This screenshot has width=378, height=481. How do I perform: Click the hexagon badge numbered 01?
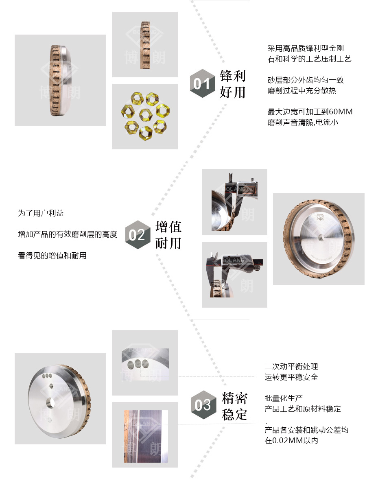point(202,83)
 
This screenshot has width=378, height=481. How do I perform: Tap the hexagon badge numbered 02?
point(138,235)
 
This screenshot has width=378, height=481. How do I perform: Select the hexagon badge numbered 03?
point(203,404)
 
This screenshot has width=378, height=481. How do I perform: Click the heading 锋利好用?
point(233,84)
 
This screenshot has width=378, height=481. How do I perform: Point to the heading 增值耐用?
point(168,235)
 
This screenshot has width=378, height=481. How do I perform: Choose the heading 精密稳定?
point(234,406)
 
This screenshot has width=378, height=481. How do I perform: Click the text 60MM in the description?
point(340,112)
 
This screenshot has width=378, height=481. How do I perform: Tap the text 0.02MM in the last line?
point(284,440)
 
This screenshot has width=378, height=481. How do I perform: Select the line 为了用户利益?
point(41,213)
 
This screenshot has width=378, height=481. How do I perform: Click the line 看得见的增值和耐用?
point(52,256)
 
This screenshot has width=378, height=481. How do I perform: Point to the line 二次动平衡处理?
point(291,367)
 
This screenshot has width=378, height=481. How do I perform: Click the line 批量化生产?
point(284,398)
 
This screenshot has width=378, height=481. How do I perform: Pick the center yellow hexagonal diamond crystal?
point(145,115)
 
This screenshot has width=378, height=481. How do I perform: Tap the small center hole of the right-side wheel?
point(321,237)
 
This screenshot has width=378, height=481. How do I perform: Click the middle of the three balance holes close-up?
point(138,364)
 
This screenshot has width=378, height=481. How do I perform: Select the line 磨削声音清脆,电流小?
point(303,122)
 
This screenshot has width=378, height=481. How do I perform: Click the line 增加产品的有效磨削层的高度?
point(68,234)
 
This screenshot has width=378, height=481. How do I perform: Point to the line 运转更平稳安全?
point(291,377)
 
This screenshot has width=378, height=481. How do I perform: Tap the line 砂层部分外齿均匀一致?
point(306,80)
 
